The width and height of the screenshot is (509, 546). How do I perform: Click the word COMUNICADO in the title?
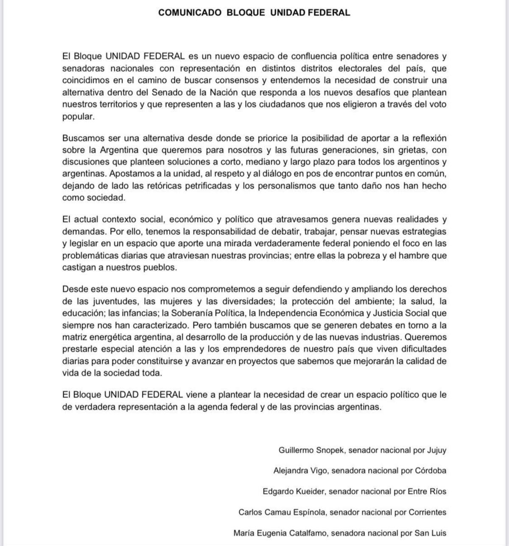190,13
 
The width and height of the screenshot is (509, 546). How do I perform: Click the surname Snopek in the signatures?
330,450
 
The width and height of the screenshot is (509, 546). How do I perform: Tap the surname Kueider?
309,492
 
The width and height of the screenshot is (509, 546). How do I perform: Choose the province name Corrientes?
428,512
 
